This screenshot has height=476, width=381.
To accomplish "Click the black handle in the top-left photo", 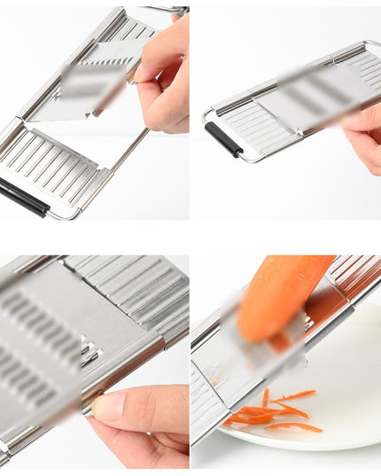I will pyautogui.click(x=23, y=196).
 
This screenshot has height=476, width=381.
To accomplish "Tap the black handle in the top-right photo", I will pyautogui.click(x=223, y=139).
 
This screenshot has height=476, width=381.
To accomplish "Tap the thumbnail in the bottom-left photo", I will pyautogui.click(x=111, y=407).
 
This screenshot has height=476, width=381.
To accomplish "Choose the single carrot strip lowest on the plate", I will pyautogui.click(x=292, y=427).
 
